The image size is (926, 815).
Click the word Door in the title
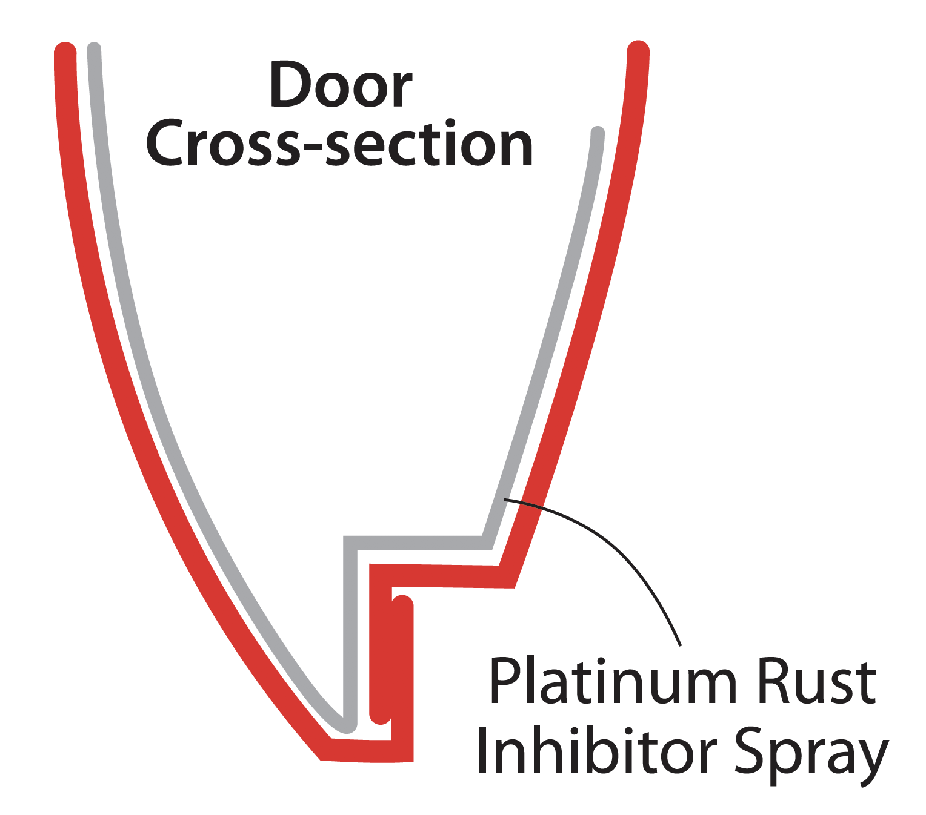(341, 87)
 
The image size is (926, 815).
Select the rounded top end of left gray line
(94, 49)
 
